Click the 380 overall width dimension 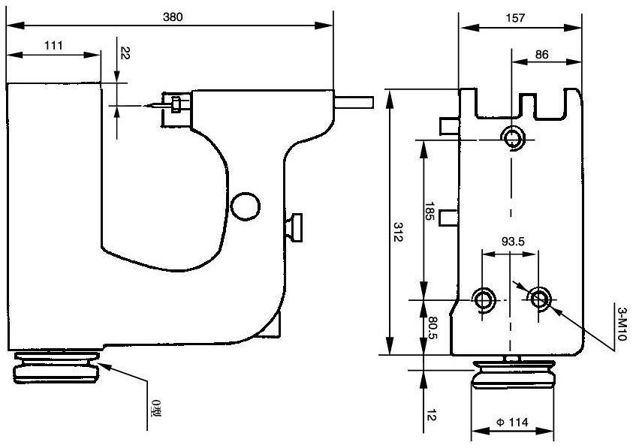(173, 16)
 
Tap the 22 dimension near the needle (125, 53)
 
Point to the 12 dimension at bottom (430, 414)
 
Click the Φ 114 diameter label (512, 424)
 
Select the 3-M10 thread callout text (621, 324)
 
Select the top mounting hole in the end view (514, 138)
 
